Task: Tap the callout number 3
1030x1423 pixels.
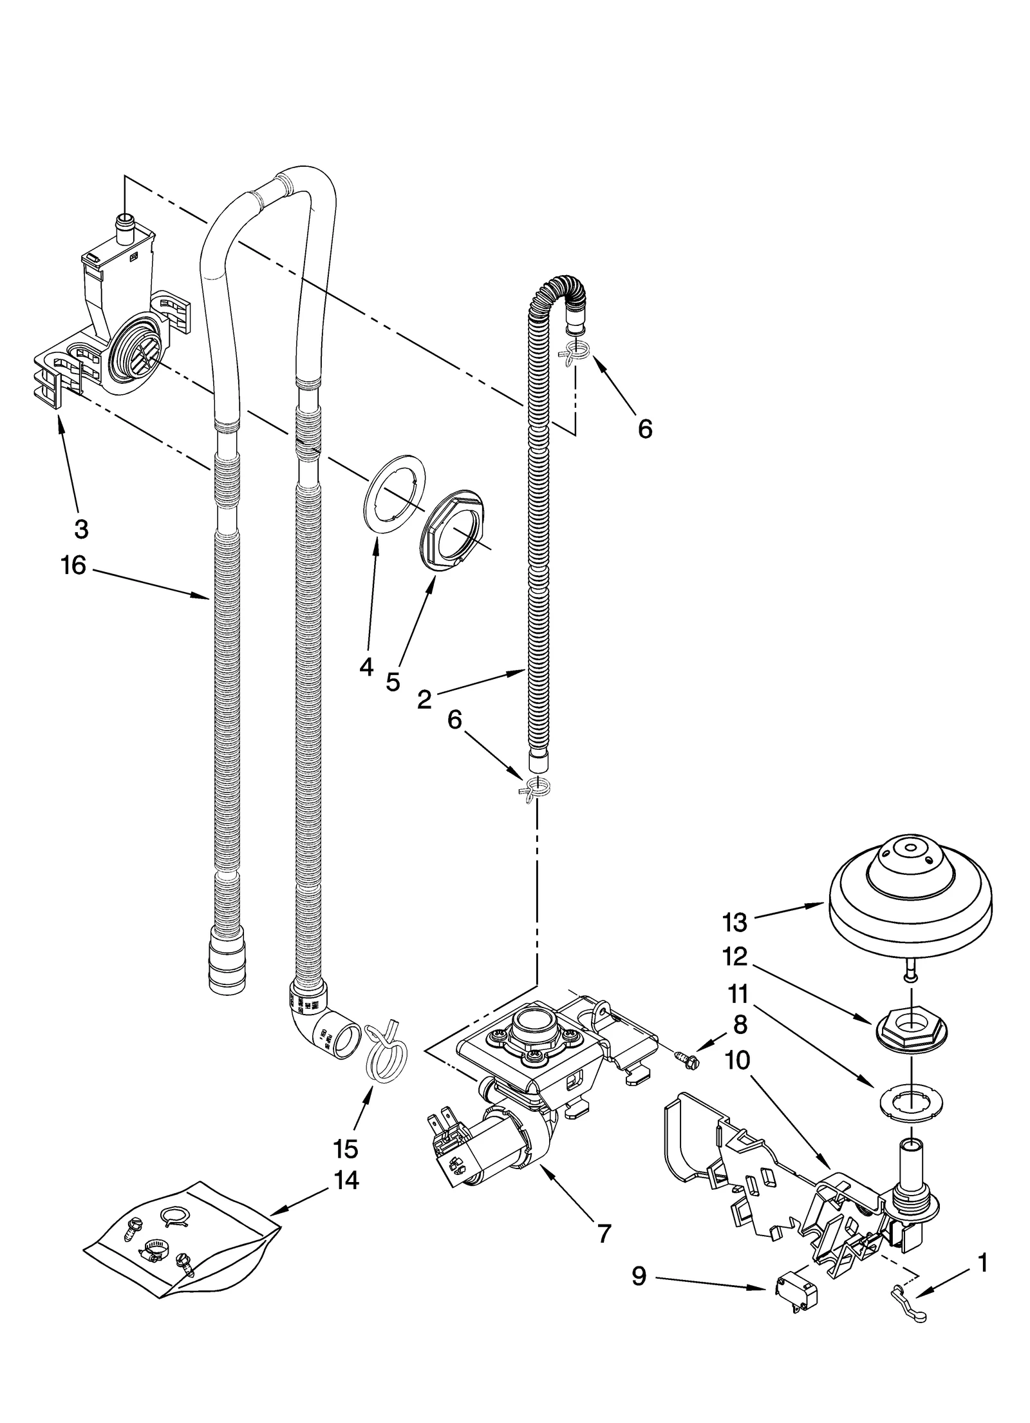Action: pos(80,529)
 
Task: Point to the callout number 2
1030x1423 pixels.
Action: pos(424,699)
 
